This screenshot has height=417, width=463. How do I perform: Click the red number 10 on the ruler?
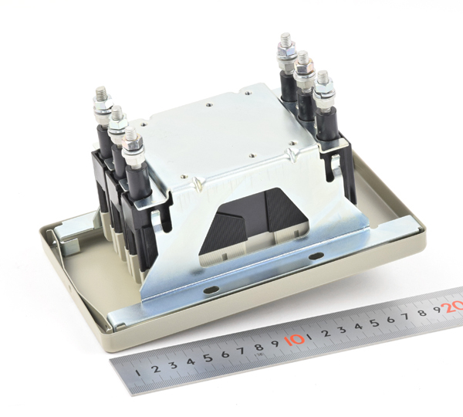[295, 340]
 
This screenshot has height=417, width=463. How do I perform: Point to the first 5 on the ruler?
[208, 358]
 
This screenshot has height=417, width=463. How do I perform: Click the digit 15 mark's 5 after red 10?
[375, 323]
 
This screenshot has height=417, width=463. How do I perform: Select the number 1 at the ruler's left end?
[138, 373]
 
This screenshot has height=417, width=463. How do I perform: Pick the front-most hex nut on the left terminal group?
[132, 147]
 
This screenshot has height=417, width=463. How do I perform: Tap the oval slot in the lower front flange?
[211, 290]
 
